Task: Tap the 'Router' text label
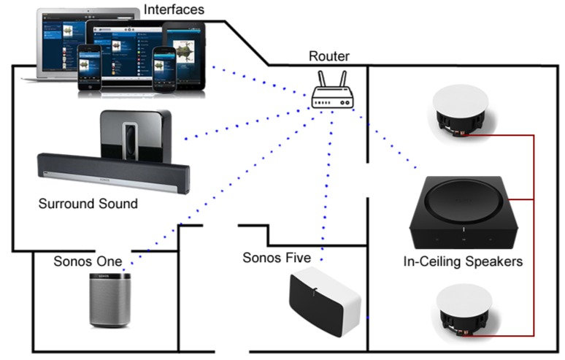coord(328,56)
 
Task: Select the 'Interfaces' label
coord(173,9)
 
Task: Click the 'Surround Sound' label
coord(88,204)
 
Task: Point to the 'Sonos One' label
coord(87,261)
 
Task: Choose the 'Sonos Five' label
coord(277,258)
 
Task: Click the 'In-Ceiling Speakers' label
coord(463,261)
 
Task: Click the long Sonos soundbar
coord(113,171)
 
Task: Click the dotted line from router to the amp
coord(387,139)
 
